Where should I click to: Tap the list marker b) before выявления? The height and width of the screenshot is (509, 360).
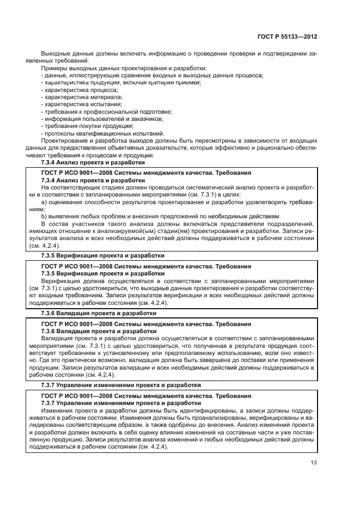44,216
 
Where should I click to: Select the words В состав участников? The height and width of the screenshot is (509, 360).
68,224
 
